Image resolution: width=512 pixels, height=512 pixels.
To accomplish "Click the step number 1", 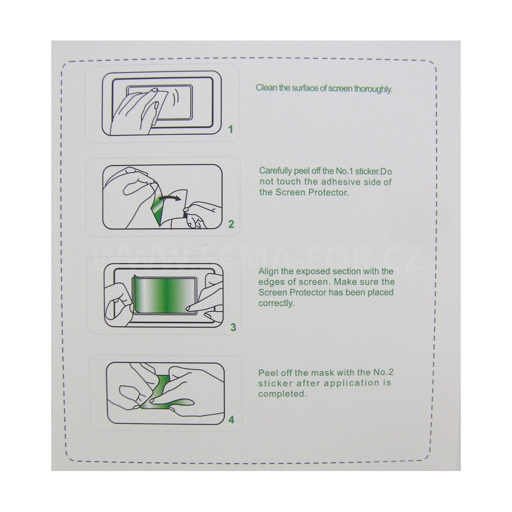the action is point(231,130).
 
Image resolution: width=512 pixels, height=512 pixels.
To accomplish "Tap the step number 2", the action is point(231,224).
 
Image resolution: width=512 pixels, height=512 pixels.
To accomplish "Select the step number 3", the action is point(233,327).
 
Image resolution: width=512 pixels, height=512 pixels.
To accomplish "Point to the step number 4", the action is point(231,420).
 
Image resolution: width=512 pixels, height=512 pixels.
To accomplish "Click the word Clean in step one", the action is point(265,88).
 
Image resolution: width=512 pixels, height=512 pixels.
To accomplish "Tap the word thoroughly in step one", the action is point(373,89).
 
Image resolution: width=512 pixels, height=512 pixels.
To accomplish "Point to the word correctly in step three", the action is point(276,303).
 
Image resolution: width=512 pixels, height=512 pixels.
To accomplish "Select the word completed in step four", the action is point(283,394).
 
